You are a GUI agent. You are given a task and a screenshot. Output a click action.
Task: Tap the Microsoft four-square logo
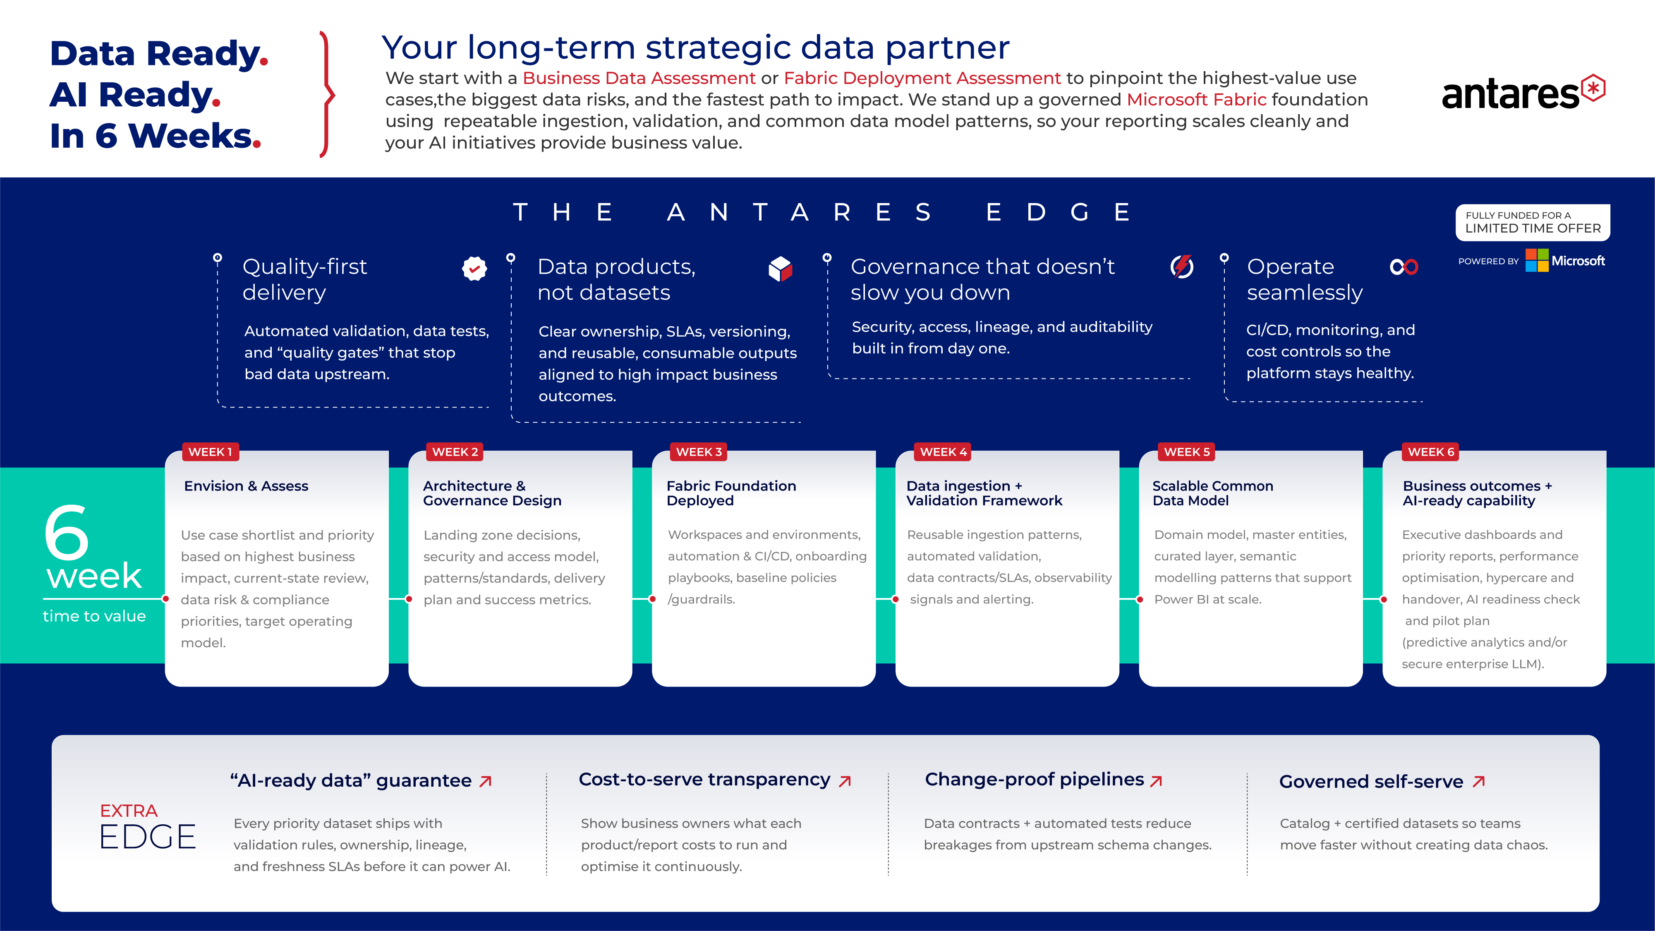tap(1537, 260)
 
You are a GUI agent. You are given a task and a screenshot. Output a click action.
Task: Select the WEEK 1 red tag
tap(211, 452)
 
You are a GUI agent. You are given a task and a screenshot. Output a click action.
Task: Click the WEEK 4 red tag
tap(943, 452)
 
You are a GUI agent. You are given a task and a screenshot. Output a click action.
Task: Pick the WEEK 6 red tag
tap(1431, 452)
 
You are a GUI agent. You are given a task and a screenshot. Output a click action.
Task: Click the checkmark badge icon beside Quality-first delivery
tap(474, 268)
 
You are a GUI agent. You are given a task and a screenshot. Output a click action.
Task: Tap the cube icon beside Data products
tap(781, 268)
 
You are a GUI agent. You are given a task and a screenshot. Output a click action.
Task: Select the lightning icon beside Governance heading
tap(1182, 266)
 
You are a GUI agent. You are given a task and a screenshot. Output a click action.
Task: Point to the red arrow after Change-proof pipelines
tap(1157, 781)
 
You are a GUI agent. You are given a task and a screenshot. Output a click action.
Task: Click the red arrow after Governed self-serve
tap(1479, 781)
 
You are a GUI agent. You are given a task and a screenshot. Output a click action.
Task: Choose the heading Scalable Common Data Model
tap(1212, 493)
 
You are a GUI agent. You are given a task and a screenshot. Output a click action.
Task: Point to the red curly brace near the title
tap(327, 94)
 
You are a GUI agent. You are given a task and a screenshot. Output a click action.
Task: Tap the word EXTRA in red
tap(129, 811)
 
